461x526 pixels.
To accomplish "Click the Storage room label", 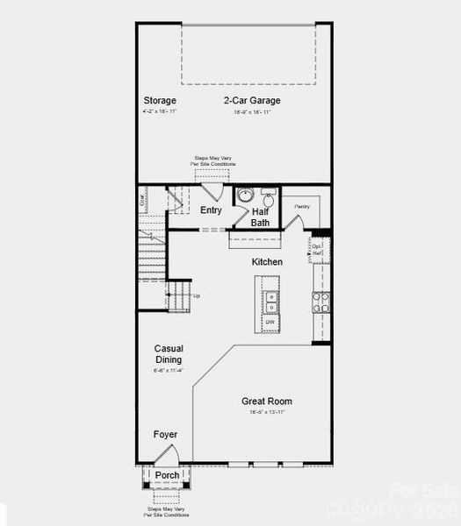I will click(x=160, y=100).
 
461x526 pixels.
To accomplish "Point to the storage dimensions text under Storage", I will click(x=160, y=112).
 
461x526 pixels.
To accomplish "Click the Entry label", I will click(x=211, y=210).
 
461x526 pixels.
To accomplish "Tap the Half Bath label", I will click(x=261, y=217).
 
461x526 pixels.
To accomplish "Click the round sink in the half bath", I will click(x=245, y=195).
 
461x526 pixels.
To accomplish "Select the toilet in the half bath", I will click(x=270, y=199).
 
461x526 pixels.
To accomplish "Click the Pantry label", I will click(x=303, y=207).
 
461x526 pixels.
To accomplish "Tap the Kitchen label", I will click(x=268, y=262).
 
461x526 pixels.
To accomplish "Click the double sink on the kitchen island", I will click(x=271, y=302).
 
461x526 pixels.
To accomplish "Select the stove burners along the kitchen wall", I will click(x=321, y=302).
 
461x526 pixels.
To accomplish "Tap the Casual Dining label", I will click(x=169, y=354).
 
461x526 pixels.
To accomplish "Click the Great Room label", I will click(x=267, y=402).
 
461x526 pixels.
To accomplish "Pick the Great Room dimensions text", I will click(x=267, y=412).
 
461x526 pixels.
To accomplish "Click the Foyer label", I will click(x=165, y=435).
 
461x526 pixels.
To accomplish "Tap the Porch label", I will click(x=167, y=476).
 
